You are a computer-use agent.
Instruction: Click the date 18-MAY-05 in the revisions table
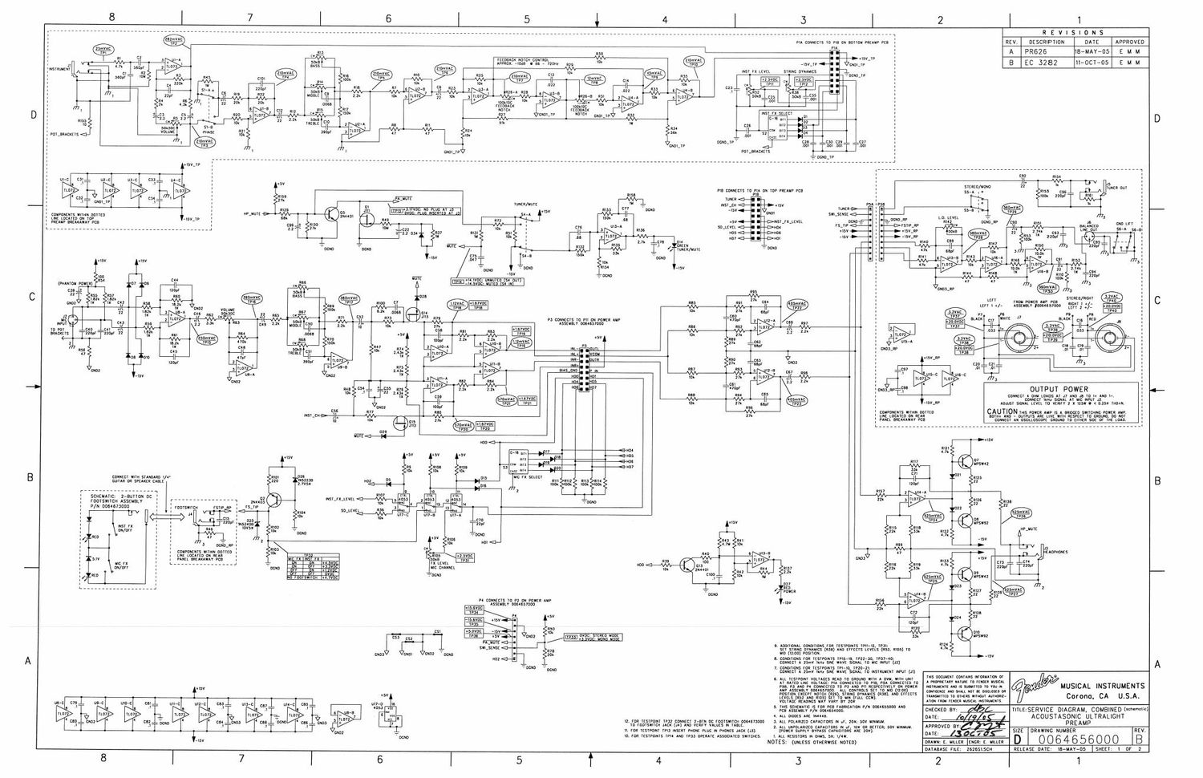(x=1092, y=50)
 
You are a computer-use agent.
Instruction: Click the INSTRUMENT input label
(x=59, y=70)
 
